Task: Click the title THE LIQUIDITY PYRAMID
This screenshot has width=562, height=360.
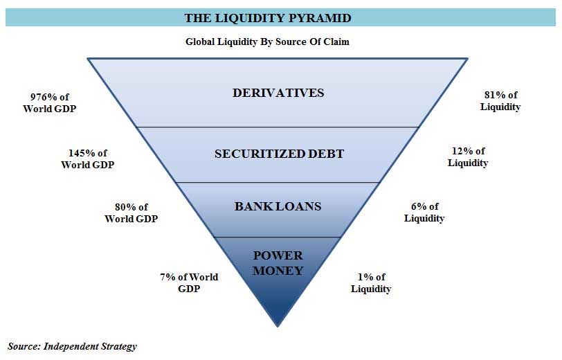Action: [267, 18]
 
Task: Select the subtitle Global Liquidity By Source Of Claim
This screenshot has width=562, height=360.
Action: [267, 42]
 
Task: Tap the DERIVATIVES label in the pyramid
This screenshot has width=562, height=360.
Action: [278, 93]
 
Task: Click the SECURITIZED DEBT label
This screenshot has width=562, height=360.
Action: [279, 154]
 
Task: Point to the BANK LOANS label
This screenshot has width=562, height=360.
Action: [278, 206]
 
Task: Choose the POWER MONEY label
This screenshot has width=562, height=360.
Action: [278, 263]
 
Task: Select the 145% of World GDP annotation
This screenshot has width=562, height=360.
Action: [87, 159]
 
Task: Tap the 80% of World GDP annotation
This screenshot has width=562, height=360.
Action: [131, 213]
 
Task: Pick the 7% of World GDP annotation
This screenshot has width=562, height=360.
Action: [189, 282]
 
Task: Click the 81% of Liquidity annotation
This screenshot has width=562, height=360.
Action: [500, 101]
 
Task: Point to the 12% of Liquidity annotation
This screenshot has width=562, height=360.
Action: [468, 157]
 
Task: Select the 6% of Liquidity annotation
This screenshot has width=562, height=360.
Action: [424, 212]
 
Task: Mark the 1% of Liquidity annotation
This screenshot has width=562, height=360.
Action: [371, 282]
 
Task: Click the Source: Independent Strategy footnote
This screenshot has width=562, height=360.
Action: [73, 346]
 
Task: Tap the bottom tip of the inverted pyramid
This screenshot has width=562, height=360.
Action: [278, 325]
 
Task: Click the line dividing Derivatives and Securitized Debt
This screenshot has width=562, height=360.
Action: [278, 127]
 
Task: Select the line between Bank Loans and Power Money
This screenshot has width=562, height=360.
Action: [278, 237]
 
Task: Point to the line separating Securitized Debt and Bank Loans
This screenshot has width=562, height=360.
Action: [278, 183]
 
